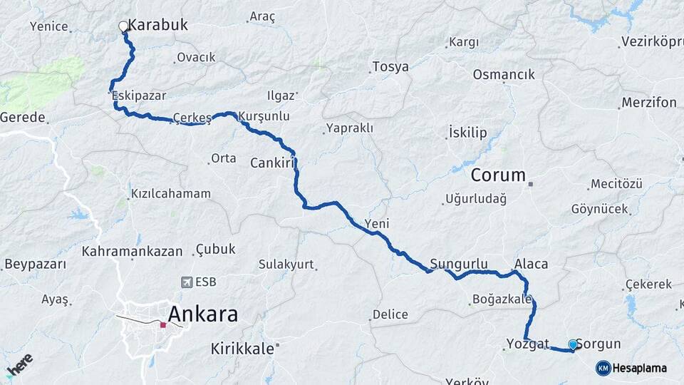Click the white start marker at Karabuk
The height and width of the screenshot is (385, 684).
click(123, 26)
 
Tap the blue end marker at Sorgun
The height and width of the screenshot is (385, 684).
click(573, 345)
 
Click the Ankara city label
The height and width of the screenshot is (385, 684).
click(202, 314)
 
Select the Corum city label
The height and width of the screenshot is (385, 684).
click(498, 175)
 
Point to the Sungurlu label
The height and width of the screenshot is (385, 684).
click(459, 263)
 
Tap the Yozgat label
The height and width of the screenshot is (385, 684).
click(527, 344)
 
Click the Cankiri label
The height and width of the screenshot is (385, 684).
click(272, 163)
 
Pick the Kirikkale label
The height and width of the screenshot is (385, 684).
click(242, 349)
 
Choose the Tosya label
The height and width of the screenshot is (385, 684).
click(390, 67)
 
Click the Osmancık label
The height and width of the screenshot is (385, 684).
click(504, 75)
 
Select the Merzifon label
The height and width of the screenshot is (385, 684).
click(648, 103)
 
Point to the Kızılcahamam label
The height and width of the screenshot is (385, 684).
click(171, 193)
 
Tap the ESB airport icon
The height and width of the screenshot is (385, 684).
click(187, 282)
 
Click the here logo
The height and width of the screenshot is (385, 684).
click(19, 365)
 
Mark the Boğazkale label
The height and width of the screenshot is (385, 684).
click(502, 299)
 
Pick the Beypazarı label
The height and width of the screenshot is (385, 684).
click(35, 264)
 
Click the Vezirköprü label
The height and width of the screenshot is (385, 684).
click(652, 41)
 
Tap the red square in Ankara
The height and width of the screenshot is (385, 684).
click(163, 325)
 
